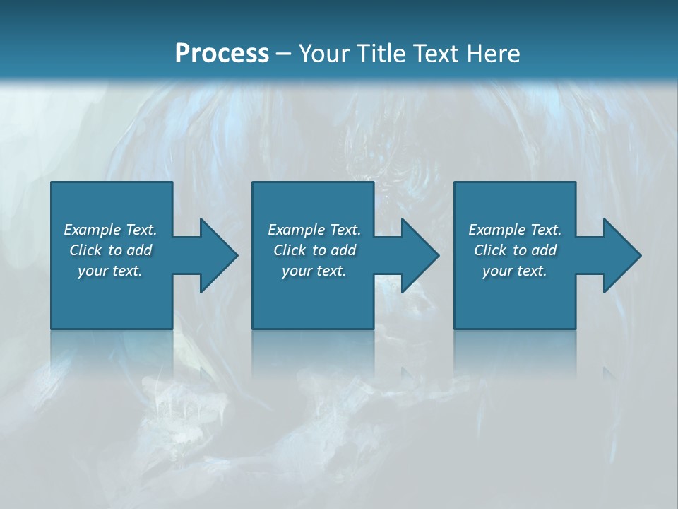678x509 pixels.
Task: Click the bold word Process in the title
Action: [222, 53]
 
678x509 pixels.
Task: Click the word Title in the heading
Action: [382, 53]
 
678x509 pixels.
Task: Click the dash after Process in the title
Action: [284, 54]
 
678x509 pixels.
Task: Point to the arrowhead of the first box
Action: [219, 255]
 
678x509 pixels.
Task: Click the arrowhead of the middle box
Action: [420, 255]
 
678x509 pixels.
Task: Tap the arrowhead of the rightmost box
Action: [622, 255]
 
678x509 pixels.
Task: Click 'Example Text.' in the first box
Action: [111, 230]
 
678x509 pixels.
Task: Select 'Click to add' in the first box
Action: [111, 250]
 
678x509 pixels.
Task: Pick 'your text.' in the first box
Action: [111, 271]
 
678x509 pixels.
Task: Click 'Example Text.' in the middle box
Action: [314, 230]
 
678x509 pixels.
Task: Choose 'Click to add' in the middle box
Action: [314, 250]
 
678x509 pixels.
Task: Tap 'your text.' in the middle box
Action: [314, 271]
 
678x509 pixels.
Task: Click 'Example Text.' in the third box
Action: [515, 230]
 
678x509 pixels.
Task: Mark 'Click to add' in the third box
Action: [515, 250]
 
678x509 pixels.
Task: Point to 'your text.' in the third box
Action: [515, 271]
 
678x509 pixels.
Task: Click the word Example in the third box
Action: [497, 230]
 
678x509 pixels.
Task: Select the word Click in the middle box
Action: [290, 250]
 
